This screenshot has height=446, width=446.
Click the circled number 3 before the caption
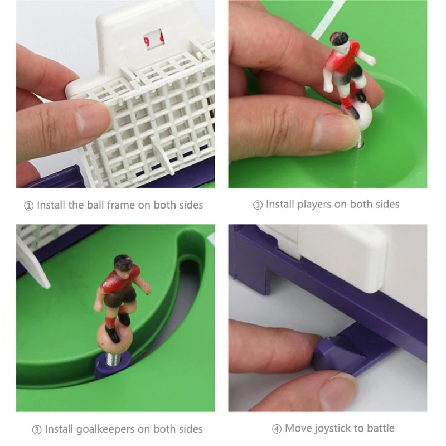[37, 430]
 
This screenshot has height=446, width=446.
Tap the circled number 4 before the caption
[277, 429]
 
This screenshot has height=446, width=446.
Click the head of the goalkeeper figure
[123, 263]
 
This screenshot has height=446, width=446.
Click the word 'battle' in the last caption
[381, 428]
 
